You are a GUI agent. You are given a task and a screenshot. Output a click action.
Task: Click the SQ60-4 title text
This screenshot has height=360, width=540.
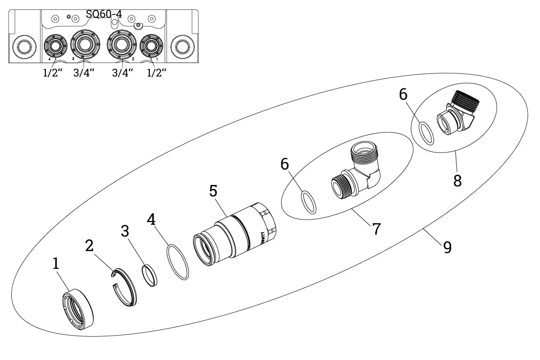pos(103,14)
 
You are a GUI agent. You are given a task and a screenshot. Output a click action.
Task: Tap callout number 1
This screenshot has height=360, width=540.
pos(56,264)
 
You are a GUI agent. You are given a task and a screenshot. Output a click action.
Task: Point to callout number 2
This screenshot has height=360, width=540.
pos(90,246)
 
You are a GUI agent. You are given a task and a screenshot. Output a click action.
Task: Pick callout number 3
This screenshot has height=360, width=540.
pos(125,231)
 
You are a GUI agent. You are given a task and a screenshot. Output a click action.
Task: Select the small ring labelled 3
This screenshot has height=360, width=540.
pos(149,275)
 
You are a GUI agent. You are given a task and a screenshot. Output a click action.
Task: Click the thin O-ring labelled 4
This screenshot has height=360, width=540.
pos(177,262)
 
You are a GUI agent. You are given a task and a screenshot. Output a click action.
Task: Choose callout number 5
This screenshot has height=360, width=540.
pos(213,191)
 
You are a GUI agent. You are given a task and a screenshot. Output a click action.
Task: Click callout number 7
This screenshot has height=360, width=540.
pos(376,229)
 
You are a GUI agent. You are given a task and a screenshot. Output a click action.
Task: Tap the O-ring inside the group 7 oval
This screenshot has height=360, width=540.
pos(308,202)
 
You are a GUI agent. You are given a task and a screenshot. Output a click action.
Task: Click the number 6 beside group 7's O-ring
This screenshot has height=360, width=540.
pos(284,165)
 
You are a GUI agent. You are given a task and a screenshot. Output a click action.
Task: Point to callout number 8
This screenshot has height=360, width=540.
pos(457,181)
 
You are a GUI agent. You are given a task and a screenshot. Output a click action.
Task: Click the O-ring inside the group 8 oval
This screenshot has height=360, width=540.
pos(427,133)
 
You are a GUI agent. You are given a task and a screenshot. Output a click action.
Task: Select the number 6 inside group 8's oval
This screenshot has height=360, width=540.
pos(403,95)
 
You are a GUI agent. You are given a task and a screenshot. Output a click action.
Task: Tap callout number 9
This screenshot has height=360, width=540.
pos(447,247)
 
